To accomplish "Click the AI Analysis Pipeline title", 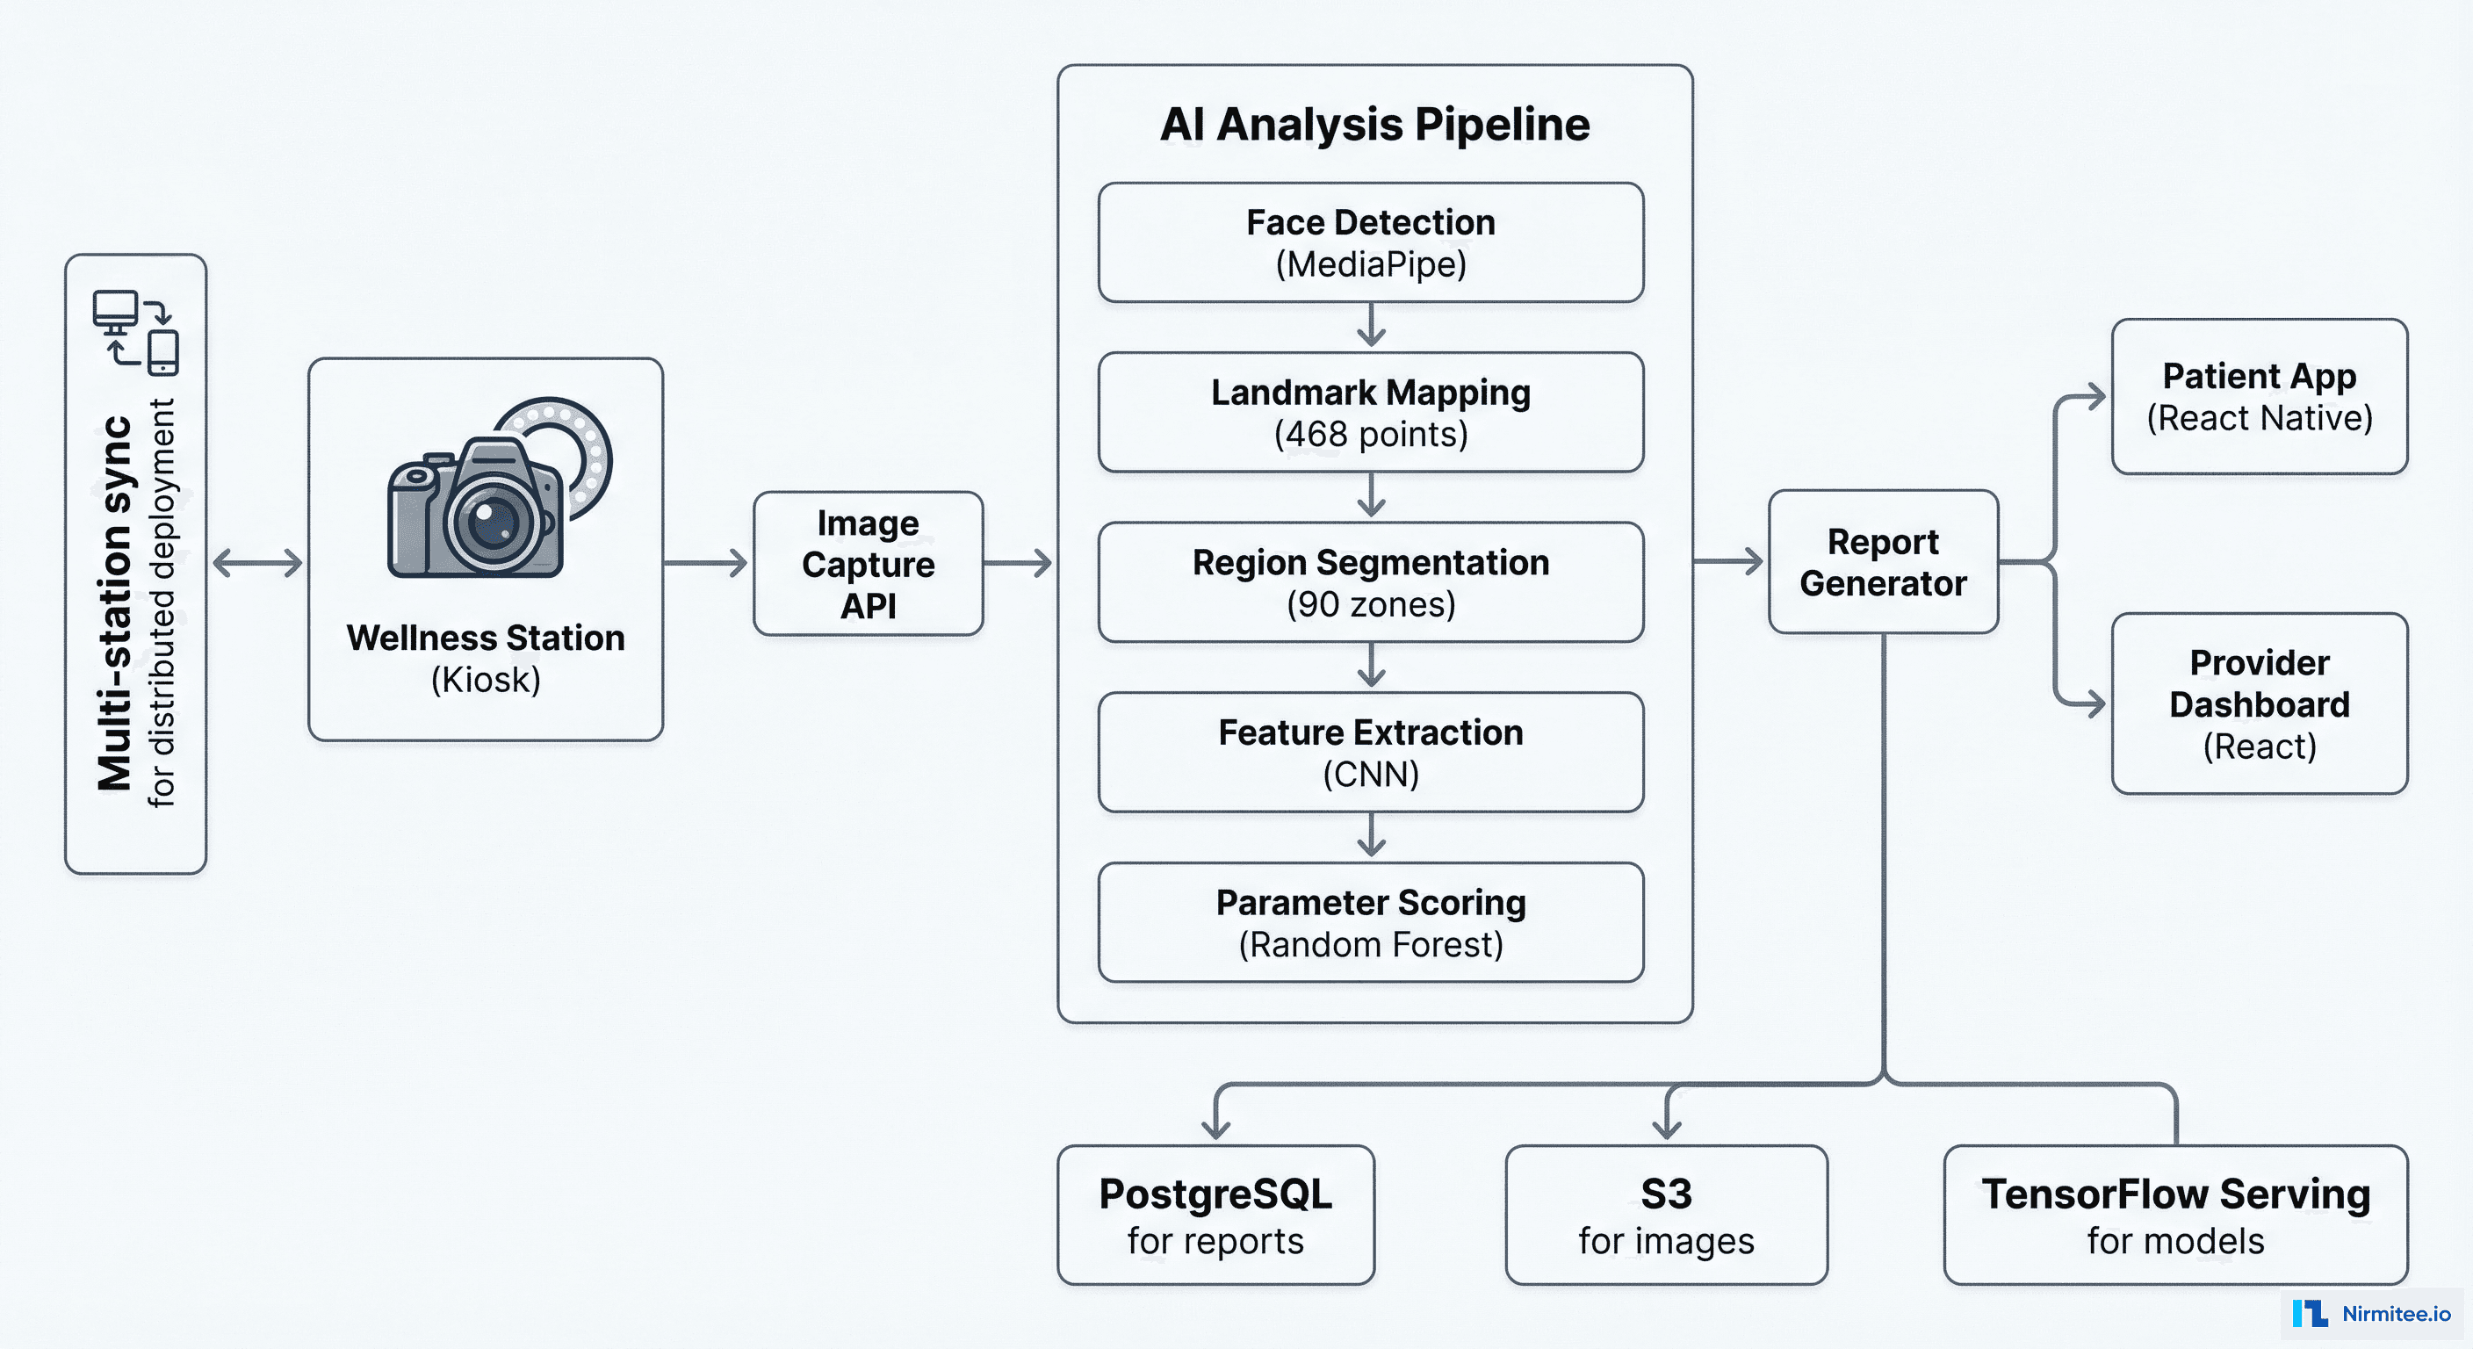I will click(1373, 125).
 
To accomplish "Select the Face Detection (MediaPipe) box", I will click(1370, 243).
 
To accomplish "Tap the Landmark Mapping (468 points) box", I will click(1370, 413).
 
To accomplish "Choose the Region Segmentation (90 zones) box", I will click(1370, 583).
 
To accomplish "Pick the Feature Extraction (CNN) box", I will click(1370, 753).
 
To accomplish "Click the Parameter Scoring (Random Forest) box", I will click(1370, 923).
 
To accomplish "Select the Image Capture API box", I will click(868, 565).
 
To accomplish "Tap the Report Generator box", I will click(1883, 563).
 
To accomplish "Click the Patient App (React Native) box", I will click(2259, 397).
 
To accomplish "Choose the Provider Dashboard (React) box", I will click(2259, 703).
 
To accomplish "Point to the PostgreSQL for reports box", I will click(1215, 1216).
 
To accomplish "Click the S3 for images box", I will click(1666, 1216).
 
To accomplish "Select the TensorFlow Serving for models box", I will click(2175, 1216).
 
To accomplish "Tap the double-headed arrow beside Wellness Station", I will click(257, 563).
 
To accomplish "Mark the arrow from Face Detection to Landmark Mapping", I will click(1371, 326).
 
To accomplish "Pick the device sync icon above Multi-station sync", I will click(136, 332).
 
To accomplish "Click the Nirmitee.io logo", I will click(2371, 1314).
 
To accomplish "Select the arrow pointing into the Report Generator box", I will click(1729, 562).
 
